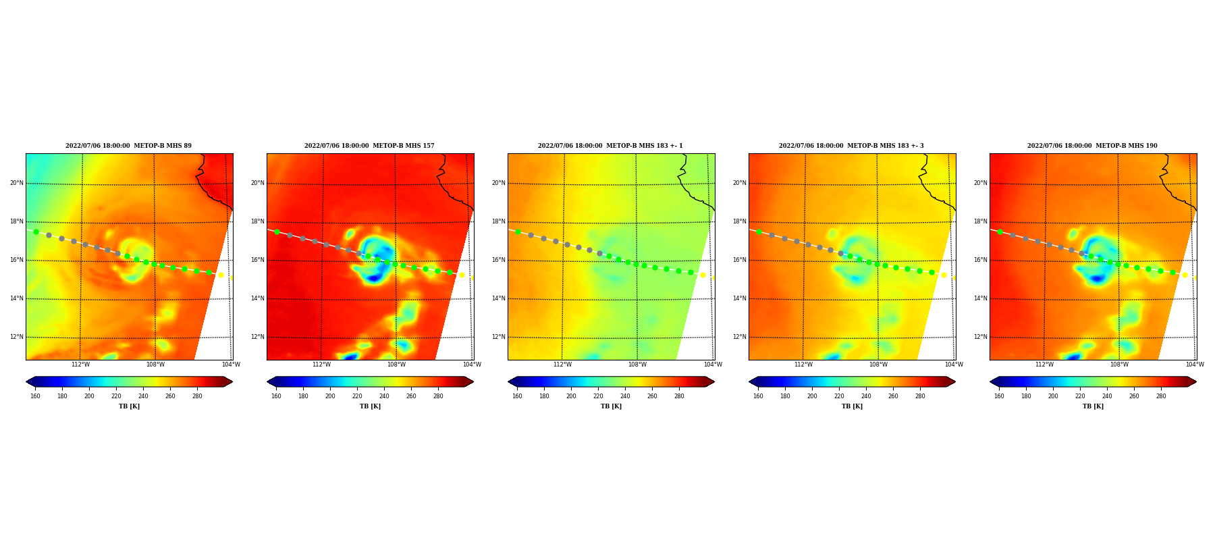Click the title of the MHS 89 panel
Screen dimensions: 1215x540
tap(128, 146)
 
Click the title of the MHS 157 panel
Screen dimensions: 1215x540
tap(369, 146)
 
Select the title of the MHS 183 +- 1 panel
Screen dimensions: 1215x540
tap(610, 146)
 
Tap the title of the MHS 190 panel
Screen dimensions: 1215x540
tap(1092, 146)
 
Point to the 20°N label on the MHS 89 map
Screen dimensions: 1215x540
tap(16, 183)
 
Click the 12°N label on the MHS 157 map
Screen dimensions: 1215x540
tap(257, 337)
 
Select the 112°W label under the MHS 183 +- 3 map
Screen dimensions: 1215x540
tap(803, 364)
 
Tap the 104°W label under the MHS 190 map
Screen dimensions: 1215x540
tap(1195, 364)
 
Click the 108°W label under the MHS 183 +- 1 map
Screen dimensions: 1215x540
tap(637, 364)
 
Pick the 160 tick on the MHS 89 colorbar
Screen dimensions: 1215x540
tap(35, 396)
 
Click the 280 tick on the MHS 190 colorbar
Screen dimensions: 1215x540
tap(1161, 396)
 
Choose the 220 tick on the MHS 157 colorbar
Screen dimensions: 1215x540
tap(357, 396)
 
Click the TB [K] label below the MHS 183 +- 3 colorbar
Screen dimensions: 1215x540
tap(852, 406)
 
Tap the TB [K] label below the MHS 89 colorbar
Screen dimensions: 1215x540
tap(129, 406)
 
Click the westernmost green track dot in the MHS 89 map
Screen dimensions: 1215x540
tap(36, 232)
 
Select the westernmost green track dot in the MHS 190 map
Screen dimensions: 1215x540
tap(1000, 232)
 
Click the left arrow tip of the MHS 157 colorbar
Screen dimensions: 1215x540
tap(267, 381)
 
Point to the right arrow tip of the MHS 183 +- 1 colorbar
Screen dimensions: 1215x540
tap(714, 381)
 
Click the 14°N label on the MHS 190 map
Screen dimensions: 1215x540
tap(980, 298)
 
